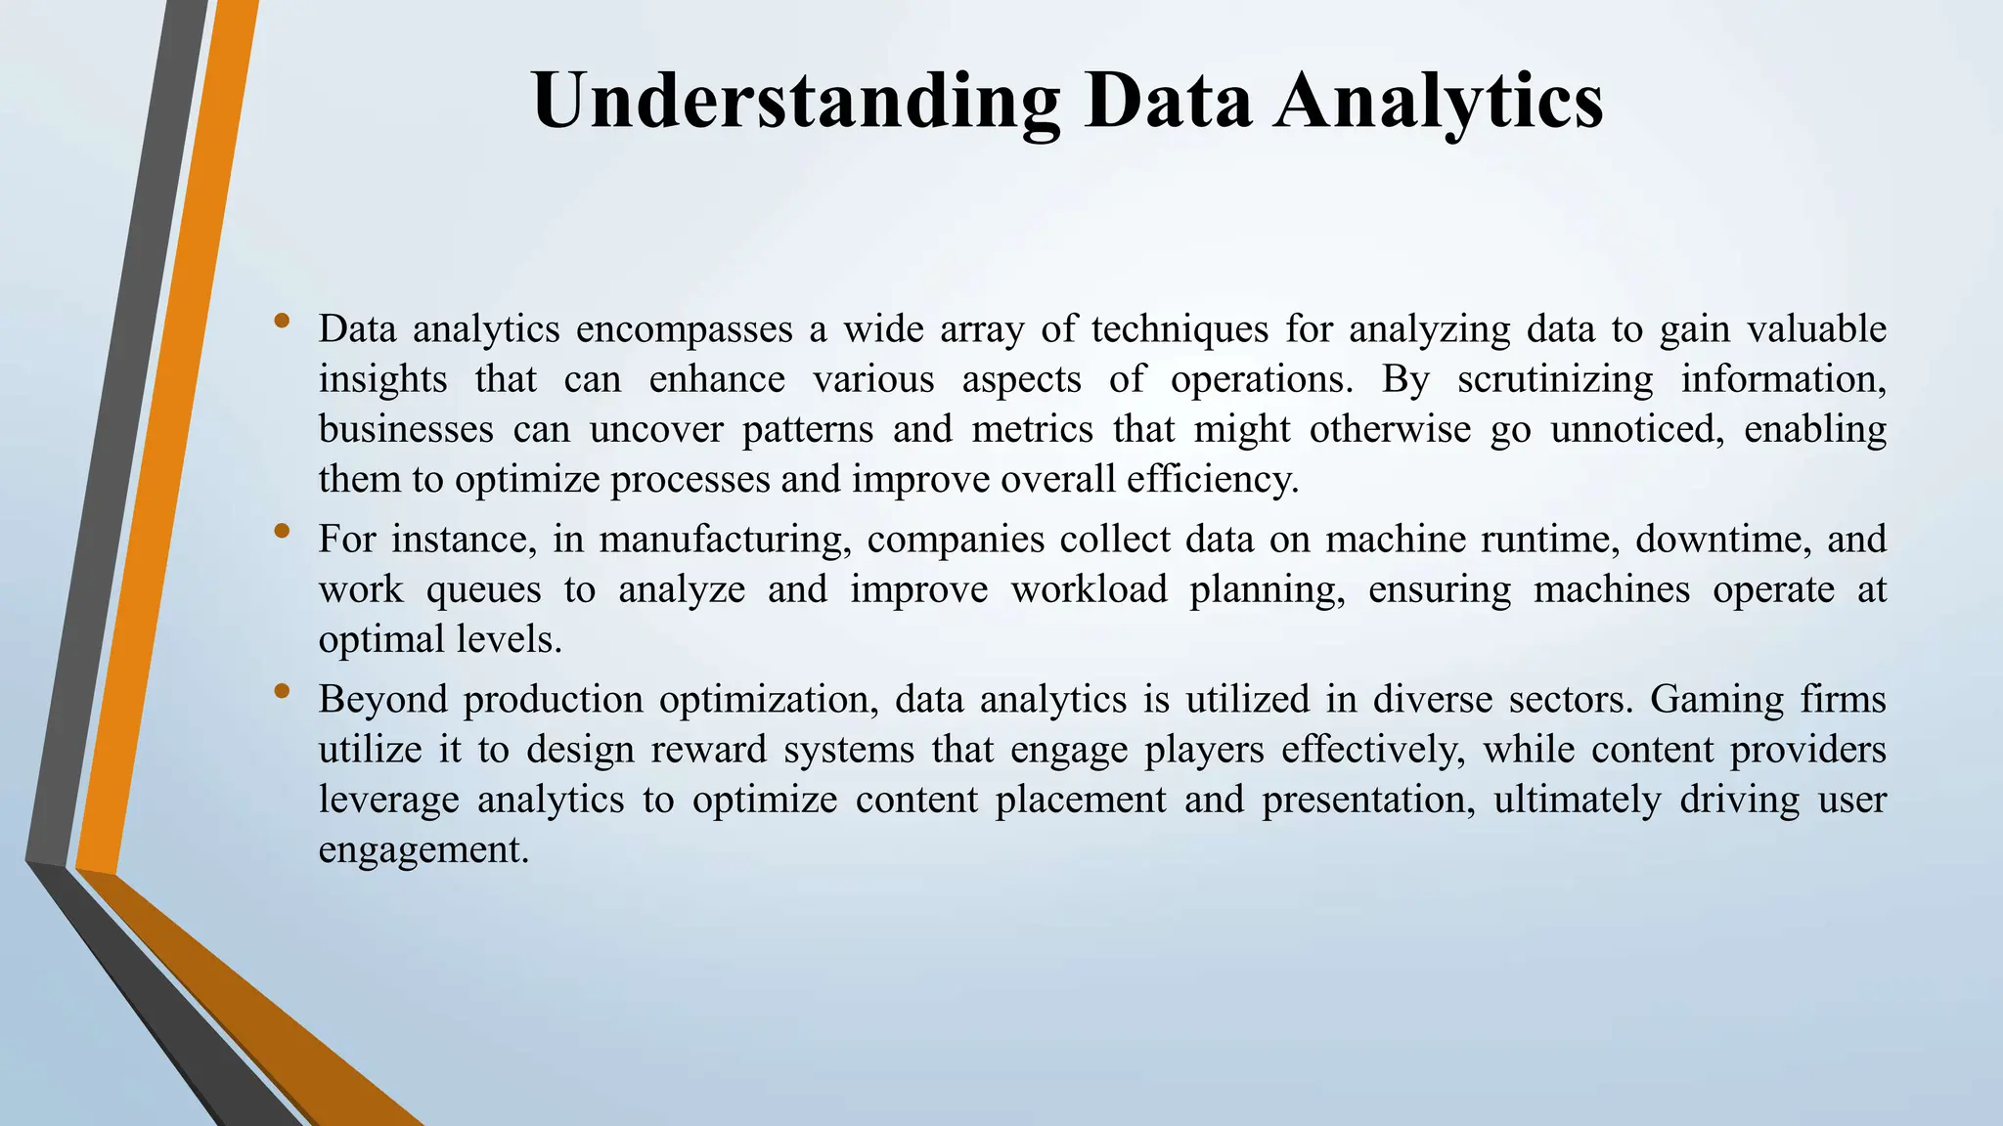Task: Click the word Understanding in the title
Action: click(x=795, y=102)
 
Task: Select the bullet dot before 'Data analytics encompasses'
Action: click(x=283, y=321)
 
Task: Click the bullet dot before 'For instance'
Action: click(x=283, y=531)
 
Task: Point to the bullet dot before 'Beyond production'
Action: click(x=283, y=691)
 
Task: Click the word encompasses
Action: click(x=684, y=329)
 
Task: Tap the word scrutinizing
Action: click(x=1555, y=379)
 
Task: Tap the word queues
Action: click(x=483, y=589)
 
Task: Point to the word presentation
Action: click(x=1369, y=800)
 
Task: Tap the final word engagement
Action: click(x=423, y=849)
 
